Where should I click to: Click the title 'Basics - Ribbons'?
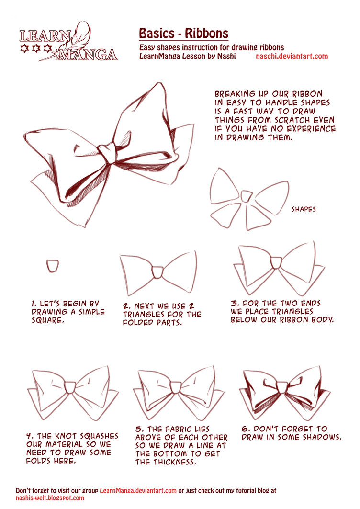click(183, 34)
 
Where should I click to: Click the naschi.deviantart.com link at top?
click(292, 57)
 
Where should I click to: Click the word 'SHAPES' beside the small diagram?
click(304, 209)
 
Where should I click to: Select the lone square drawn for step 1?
click(53, 265)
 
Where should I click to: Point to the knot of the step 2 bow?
click(158, 271)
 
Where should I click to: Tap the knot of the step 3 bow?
click(276, 262)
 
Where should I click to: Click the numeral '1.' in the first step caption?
click(34, 304)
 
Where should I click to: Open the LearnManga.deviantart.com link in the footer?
click(138, 491)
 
